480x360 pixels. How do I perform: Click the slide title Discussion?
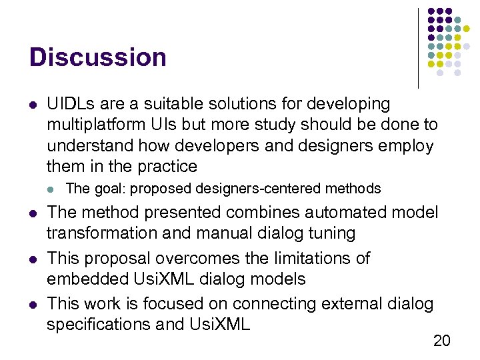(x=97, y=57)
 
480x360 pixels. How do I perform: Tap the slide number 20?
(x=441, y=341)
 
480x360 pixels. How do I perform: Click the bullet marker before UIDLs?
(x=33, y=105)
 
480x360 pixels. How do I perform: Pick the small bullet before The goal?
(x=53, y=189)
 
